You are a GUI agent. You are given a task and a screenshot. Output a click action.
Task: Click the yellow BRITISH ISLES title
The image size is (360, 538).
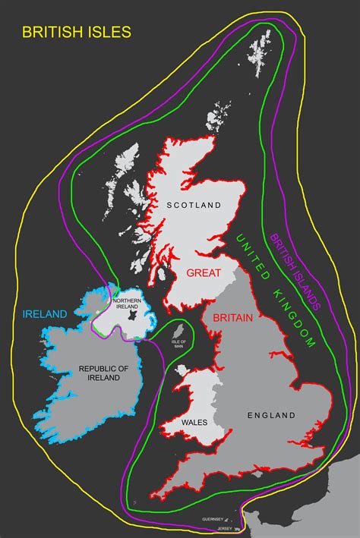point(77,33)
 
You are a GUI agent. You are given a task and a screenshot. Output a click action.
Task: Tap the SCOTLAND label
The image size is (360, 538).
point(194,205)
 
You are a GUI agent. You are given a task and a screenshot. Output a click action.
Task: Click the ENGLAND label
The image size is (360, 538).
point(271,415)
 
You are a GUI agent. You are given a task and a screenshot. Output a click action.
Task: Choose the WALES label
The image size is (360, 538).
point(195,420)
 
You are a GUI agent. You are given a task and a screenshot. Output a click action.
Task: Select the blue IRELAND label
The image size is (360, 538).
point(45,313)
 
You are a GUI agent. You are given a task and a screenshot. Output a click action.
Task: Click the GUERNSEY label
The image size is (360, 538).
point(213,519)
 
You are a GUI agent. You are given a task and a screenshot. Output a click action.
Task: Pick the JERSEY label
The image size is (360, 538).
point(225,527)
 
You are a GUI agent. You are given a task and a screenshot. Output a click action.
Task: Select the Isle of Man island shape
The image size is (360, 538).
point(180,332)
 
